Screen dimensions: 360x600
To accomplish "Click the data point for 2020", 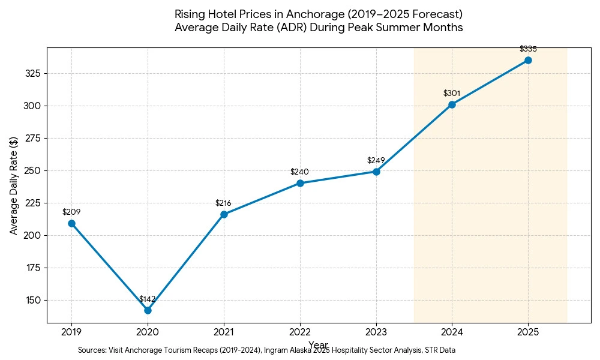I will (148, 310).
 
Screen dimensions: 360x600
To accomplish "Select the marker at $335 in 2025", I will (528, 60).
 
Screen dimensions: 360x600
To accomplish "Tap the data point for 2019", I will (71, 223).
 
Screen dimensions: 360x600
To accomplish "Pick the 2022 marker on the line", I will (300, 183).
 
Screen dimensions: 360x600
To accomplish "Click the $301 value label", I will (452, 93).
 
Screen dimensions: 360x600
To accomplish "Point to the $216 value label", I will (223, 203).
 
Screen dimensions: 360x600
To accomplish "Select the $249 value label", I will (376, 160).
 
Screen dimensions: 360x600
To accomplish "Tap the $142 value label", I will (148, 299).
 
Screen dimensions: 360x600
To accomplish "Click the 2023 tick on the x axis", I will (376, 330).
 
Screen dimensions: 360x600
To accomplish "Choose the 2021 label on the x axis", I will (224, 330).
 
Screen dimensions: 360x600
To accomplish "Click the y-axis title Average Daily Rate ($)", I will (14, 185).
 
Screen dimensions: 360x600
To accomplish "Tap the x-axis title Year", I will (318, 344).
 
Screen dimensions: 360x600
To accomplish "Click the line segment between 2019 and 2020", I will (109, 267).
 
